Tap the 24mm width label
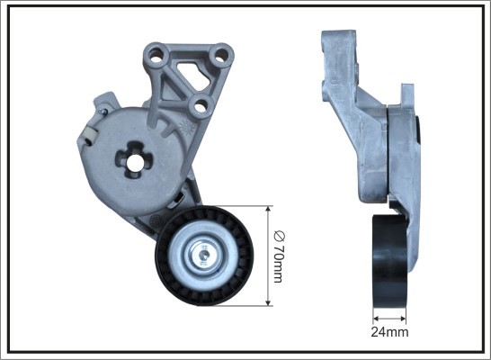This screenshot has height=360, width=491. point(390,331)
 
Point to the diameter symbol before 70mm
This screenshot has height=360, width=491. point(279,237)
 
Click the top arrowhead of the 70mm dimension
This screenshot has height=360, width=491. point(268,210)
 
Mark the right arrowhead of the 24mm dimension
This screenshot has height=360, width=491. point(403,316)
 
